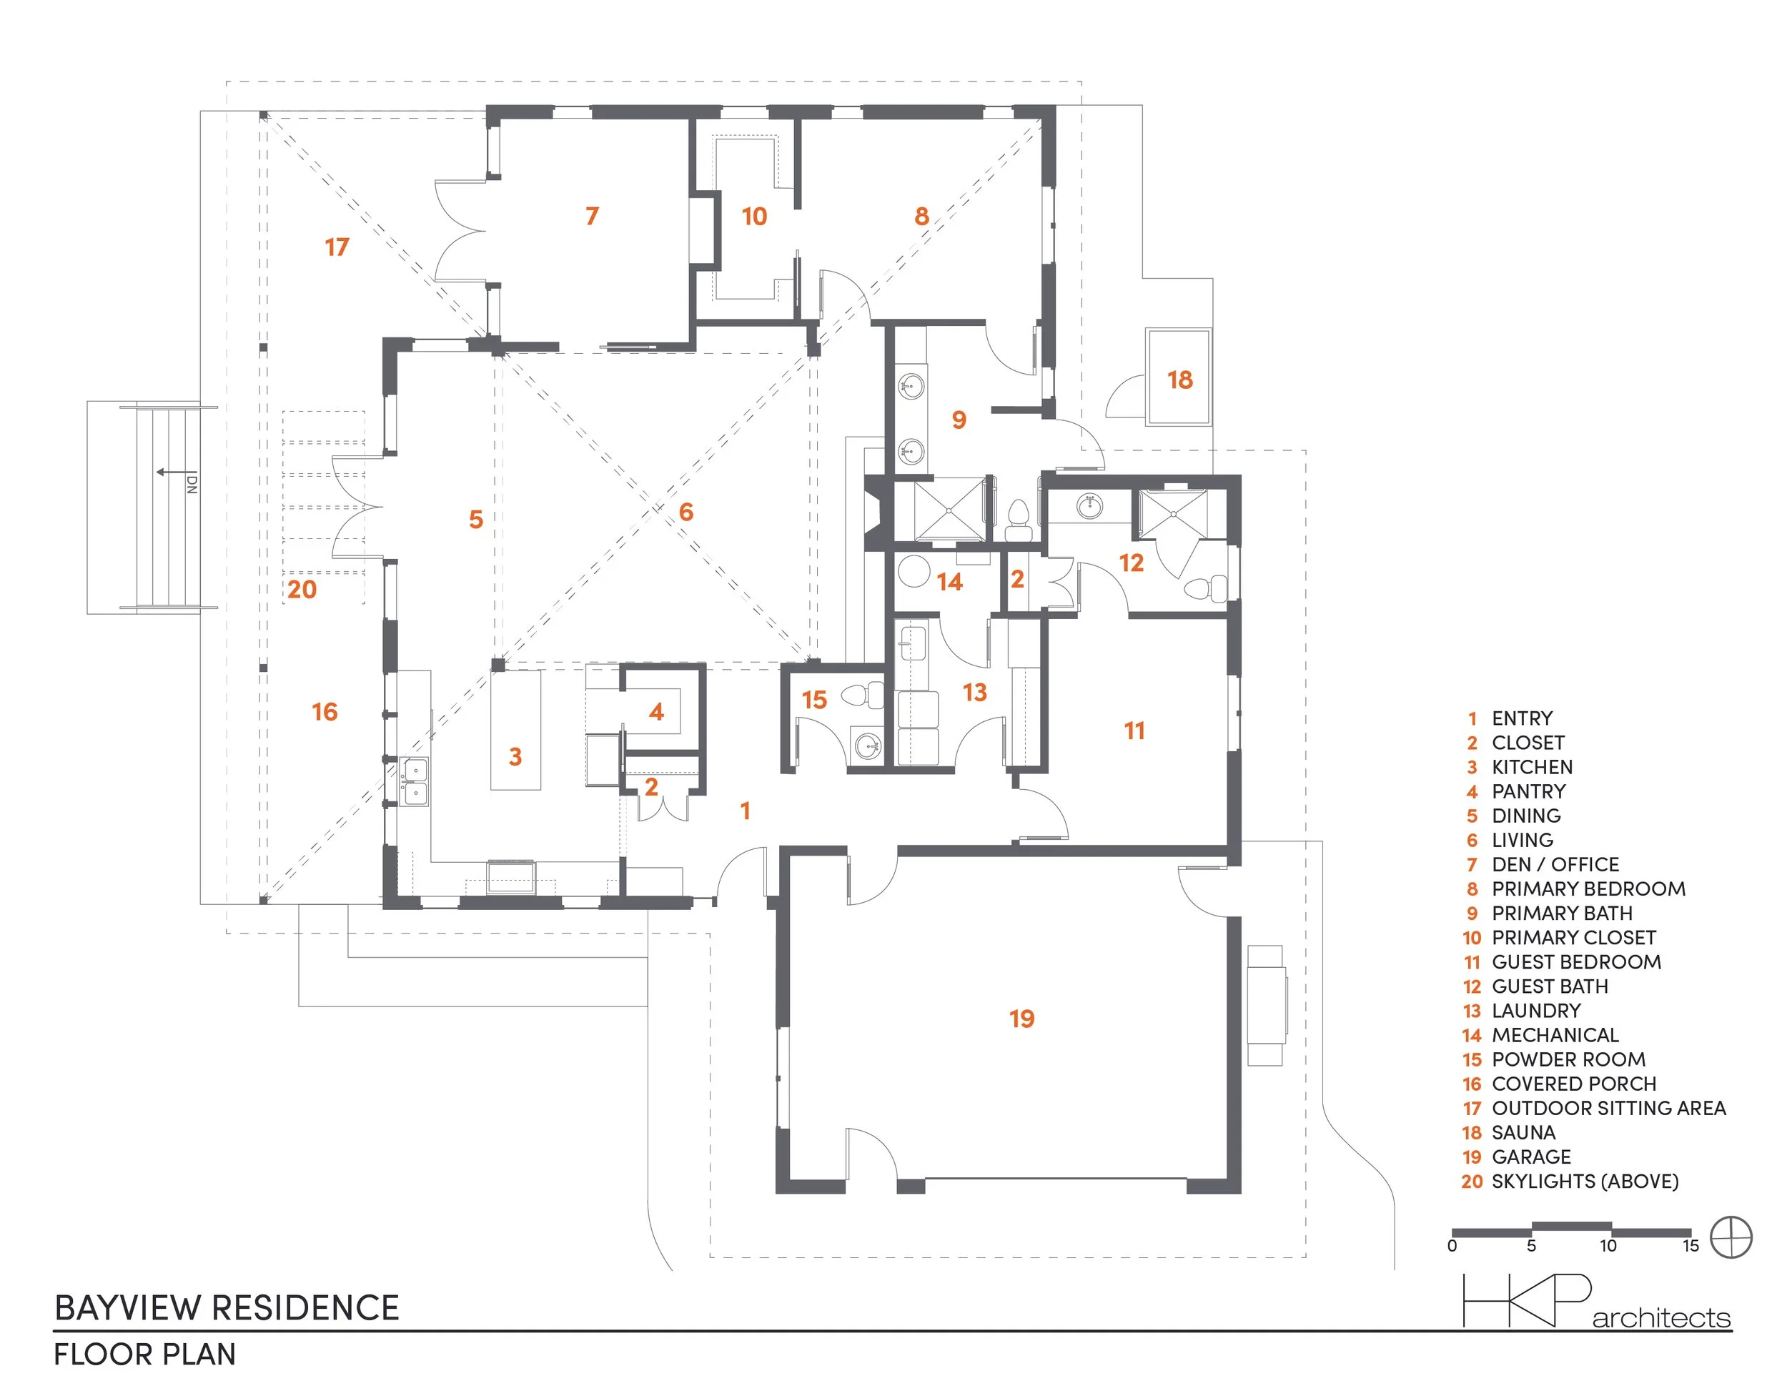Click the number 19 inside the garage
(1021, 1019)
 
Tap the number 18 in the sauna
(1179, 380)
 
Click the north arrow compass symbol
(1731, 1237)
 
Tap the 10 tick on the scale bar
(1608, 1246)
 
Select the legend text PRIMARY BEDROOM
(1588, 889)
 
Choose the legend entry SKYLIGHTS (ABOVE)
(1584, 1182)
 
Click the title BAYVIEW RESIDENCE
(227, 1307)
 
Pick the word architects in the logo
(1661, 1319)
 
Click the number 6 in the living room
(685, 512)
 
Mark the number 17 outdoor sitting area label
(336, 247)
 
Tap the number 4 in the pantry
(656, 712)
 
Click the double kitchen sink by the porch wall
(415, 781)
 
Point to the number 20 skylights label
(301, 589)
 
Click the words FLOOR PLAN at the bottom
(145, 1355)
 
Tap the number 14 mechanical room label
(949, 582)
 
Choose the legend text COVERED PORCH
(1573, 1084)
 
